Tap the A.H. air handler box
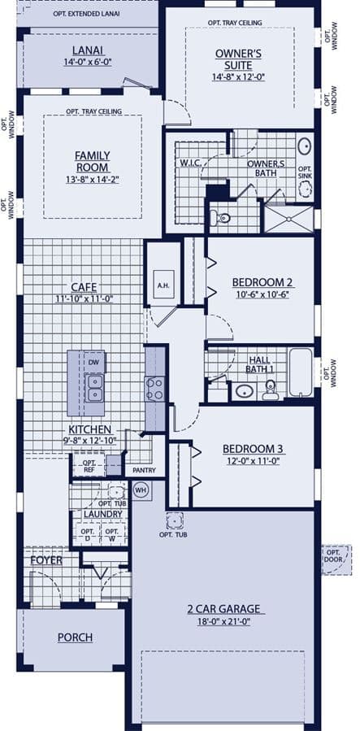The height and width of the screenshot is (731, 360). [163, 285]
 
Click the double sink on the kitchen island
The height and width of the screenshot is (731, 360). [94, 388]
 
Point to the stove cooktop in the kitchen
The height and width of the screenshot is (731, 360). [154, 389]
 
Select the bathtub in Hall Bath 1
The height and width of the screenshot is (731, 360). [300, 372]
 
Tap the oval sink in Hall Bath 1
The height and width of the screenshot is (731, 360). [245, 390]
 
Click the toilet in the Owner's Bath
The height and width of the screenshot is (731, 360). [221, 218]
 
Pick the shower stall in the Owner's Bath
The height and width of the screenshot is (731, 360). [288, 219]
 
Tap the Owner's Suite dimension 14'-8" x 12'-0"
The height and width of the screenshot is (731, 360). [238, 77]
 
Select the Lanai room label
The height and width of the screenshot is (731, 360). [88, 50]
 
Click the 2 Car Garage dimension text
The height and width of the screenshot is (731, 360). [223, 621]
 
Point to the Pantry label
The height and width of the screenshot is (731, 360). [144, 471]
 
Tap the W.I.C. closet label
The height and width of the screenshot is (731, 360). [189, 163]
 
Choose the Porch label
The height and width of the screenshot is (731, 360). [75, 637]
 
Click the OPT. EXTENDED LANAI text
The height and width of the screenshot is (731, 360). [87, 14]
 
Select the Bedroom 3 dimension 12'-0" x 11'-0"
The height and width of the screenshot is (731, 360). [253, 461]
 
